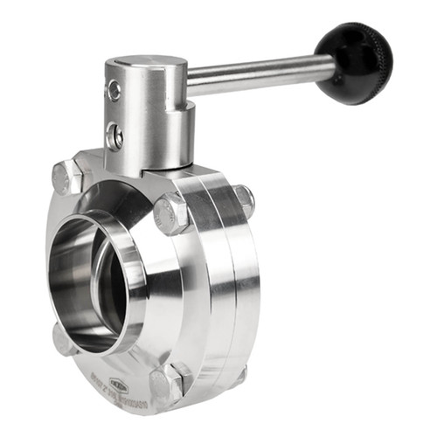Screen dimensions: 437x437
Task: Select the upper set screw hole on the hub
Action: point(114,89)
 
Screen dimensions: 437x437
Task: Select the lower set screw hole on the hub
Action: point(114,135)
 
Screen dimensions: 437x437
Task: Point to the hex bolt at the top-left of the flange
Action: point(66,177)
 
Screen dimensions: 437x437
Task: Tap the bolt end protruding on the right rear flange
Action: point(244,201)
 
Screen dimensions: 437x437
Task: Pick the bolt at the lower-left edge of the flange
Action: point(63,339)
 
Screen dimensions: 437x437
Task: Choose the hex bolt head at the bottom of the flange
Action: point(166,383)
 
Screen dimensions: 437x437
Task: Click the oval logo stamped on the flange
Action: point(118,385)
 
